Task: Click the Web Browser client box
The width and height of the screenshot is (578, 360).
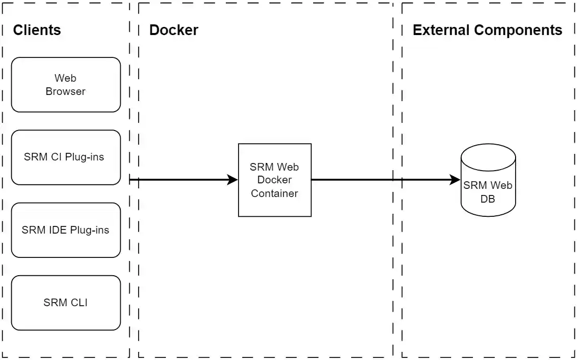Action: pos(65,84)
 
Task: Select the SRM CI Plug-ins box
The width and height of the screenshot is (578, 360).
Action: pos(65,157)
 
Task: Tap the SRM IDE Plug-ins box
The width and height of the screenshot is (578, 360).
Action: pos(65,230)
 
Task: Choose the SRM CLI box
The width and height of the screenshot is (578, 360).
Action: pos(65,303)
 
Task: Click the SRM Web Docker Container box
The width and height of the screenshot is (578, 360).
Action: pos(275,180)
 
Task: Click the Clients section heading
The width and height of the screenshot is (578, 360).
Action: pos(37,30)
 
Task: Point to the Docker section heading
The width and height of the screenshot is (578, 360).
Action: pos(174,30)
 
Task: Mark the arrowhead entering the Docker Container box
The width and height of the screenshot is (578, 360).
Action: pos(233,180)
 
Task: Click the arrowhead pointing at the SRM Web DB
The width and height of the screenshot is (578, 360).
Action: pos(455,180)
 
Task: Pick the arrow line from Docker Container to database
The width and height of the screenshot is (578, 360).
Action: pos(381,180)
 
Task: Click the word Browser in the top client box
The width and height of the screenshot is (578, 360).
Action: pos(65,91)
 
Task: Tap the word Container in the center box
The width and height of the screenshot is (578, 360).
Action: pos(275,193)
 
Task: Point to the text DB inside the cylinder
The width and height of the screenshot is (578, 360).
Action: pos(488,199)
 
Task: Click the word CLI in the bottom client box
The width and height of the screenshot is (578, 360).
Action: pos(79,303)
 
